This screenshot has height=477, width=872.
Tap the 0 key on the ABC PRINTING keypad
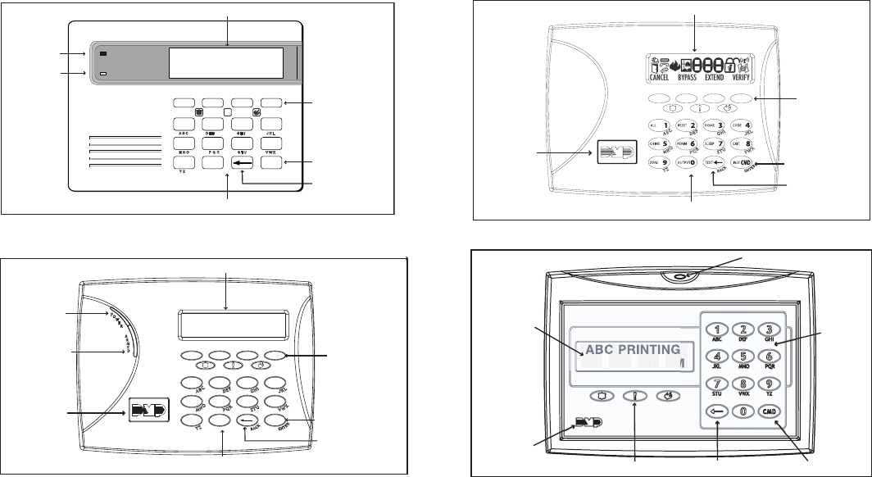743,411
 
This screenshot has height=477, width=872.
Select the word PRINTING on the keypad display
645,348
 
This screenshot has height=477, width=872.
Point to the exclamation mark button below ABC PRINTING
636,395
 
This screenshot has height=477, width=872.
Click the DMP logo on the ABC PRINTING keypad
583,426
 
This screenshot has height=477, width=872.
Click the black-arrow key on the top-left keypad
243,163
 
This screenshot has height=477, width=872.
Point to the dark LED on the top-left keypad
105,55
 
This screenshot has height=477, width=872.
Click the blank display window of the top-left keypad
226,62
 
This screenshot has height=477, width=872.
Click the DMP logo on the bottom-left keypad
148,408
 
